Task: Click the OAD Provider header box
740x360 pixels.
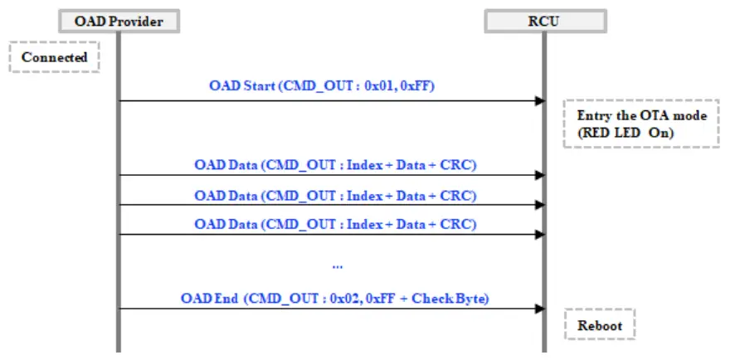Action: pos(119,22)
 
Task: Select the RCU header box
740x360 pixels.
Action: pos(546,22)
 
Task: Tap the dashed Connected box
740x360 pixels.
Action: pos(54,57)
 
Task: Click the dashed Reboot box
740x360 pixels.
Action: pos(600,325)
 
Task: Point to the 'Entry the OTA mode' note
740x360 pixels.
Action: pos(641,124)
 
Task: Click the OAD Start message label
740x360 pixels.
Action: pos(322,87)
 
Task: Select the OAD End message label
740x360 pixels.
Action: pos(335,299)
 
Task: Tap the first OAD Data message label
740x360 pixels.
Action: pos(335,166)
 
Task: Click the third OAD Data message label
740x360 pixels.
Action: pos(335,224)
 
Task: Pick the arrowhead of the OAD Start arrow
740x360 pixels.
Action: pos(540,101)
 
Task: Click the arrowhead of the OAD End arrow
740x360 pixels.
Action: pos(540,309)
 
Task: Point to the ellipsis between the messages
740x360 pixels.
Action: pos(337,267)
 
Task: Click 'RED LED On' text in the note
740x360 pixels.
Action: pos(626,133)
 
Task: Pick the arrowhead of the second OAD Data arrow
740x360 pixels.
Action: pos(540,205)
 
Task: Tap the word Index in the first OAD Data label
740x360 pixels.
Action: pos(364,166)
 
